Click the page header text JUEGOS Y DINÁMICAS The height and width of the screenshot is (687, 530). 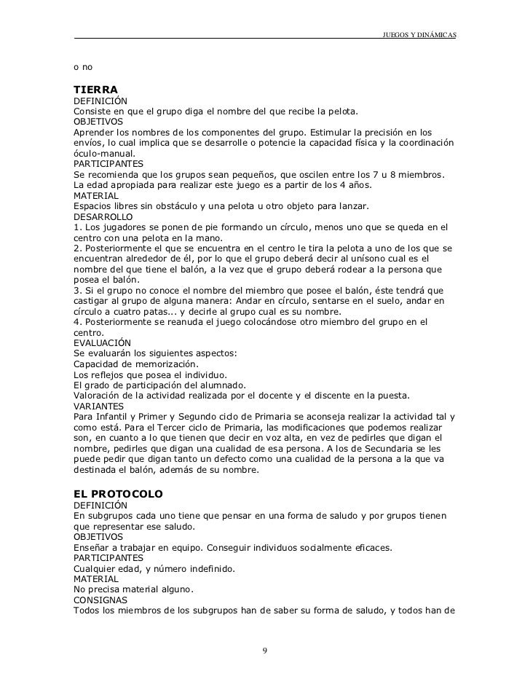[x=419, y=35]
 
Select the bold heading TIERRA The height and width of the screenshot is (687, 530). [x=95, y=89]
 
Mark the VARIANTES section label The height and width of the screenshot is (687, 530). [x=99, y=406]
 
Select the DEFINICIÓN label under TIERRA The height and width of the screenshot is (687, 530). [x=100, y=101]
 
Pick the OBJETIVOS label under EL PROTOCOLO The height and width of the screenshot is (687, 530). [x=98, y=536]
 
